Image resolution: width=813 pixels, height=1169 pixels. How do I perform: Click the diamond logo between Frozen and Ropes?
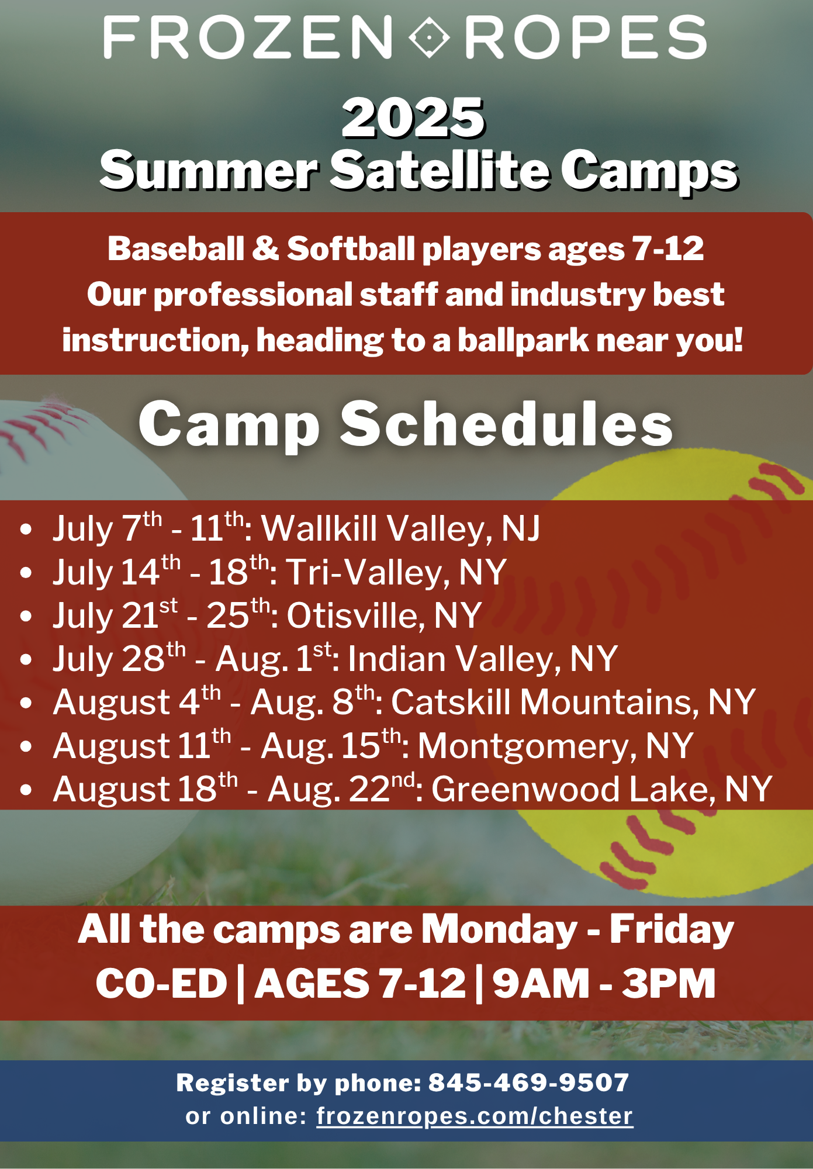tap(429, 37)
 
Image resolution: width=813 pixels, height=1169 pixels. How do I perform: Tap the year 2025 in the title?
tap(413, 118)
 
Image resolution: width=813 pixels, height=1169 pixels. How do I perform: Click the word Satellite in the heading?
tap(440, 170)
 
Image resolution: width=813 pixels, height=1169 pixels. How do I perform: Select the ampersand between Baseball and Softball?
tap(265, 248)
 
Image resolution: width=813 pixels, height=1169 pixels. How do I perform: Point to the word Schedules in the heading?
tap(506, 424)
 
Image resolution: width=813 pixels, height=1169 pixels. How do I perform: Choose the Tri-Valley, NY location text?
tap(396, 572)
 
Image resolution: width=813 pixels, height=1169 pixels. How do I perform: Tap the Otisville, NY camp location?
tap(384, 615)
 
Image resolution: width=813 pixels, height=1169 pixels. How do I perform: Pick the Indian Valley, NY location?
tap(483, 659)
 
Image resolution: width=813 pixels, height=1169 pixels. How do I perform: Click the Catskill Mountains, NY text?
tap(573, 702)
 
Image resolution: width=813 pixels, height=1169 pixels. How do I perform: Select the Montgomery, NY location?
tap(555, 746)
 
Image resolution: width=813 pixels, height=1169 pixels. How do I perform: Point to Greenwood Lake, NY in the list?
tap(602, 790)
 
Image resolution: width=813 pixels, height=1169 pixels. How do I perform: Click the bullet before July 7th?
tap(26, 530)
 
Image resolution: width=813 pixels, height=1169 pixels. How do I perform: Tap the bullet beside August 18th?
tap(26, 790)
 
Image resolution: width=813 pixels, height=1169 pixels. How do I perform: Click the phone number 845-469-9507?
tap(529, 1082)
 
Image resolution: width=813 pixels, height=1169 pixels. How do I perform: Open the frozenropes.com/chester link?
tap(475, 1116)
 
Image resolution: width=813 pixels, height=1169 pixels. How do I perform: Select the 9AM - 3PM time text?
tap(604, 983)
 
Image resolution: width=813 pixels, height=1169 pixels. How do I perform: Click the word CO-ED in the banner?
tap(161, 983)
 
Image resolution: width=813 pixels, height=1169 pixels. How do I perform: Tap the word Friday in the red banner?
tap(672, 930)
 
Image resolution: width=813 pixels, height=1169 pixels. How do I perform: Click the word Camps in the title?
tap(649, 171)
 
